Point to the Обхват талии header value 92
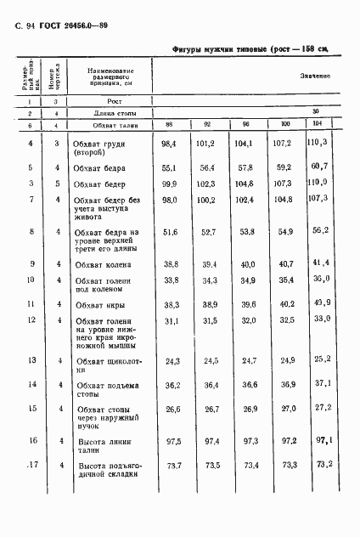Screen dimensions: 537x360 206,126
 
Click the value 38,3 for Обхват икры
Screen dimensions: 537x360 173,304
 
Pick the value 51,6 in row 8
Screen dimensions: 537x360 173,231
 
